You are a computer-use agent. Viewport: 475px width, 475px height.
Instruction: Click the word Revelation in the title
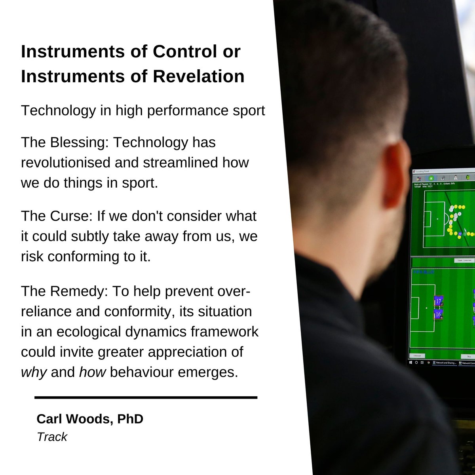point(198,76)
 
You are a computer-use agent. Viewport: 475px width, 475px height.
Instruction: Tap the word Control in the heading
point(182,51)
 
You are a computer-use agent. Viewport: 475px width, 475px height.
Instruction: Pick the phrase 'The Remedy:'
point(65,291)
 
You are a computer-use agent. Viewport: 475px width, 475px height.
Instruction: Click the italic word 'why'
point(34,372)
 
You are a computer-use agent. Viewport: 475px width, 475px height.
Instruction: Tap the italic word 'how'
point(92,372)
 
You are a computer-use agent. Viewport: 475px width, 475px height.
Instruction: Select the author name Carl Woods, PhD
point(90,419)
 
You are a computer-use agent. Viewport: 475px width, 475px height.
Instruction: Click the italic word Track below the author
point(52,437)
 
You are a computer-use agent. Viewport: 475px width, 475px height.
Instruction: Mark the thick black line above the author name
point(146,397)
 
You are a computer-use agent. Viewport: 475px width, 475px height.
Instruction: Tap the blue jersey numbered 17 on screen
point(438,301)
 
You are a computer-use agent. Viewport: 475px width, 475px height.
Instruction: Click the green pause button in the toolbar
point(431,178)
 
